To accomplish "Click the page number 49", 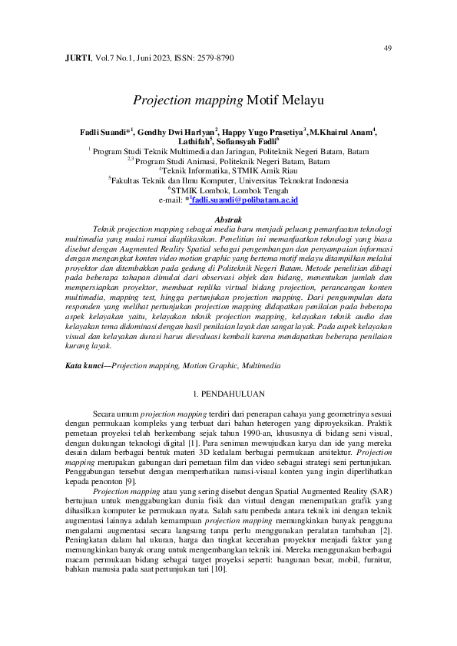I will pyautogui.click(x=387, y=48).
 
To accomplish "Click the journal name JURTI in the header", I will pyautogui.click(x=77, y=58).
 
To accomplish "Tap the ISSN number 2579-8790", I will pyautogui.click(x=214, y=58).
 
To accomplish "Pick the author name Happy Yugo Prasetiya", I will pyautogui.click(x=263, y=133).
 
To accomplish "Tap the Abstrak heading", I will pyautogui.click(x=228, y=219).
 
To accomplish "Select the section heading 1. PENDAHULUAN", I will pyautogui.click(x=228, y=394).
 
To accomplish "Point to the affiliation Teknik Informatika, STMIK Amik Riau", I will pyautogui.click(x=230, y=171).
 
